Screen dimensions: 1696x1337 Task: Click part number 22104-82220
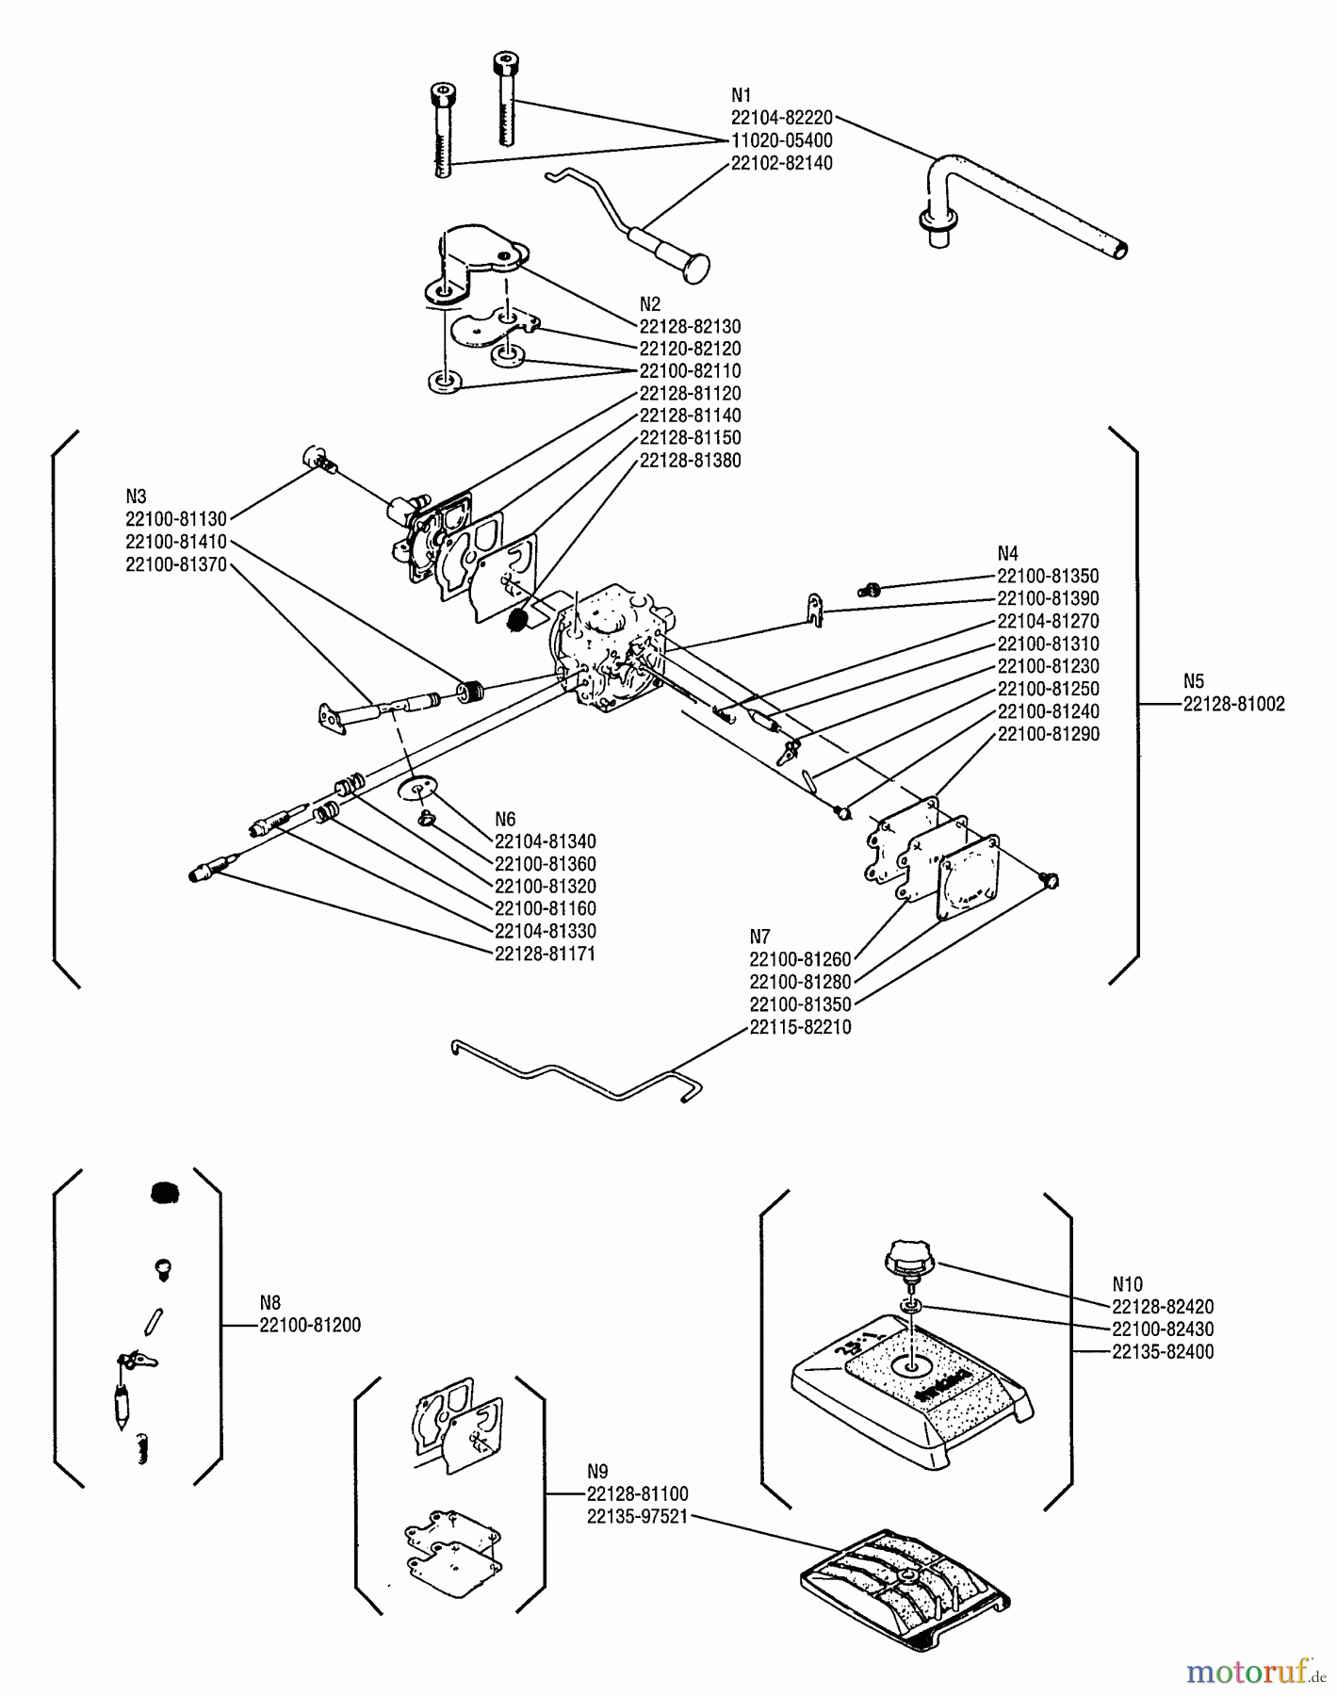(781, 118)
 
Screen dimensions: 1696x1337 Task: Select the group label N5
(1194, 681)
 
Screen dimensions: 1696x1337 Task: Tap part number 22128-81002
(1233, 704)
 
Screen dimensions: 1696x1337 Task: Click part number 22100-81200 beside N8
(309, 1325)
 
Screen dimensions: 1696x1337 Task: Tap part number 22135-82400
(1162, 1352)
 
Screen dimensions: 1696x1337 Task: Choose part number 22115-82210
(800, 1027)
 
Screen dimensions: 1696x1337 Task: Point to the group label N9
(597, 1471)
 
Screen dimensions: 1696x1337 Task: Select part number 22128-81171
(545, 954)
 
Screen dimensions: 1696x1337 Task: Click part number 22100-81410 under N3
(175, 542)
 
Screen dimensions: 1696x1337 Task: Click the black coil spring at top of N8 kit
(165, 1193)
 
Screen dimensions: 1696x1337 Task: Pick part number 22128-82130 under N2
(690, 327)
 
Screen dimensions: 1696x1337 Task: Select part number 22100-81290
(1048, 734)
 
